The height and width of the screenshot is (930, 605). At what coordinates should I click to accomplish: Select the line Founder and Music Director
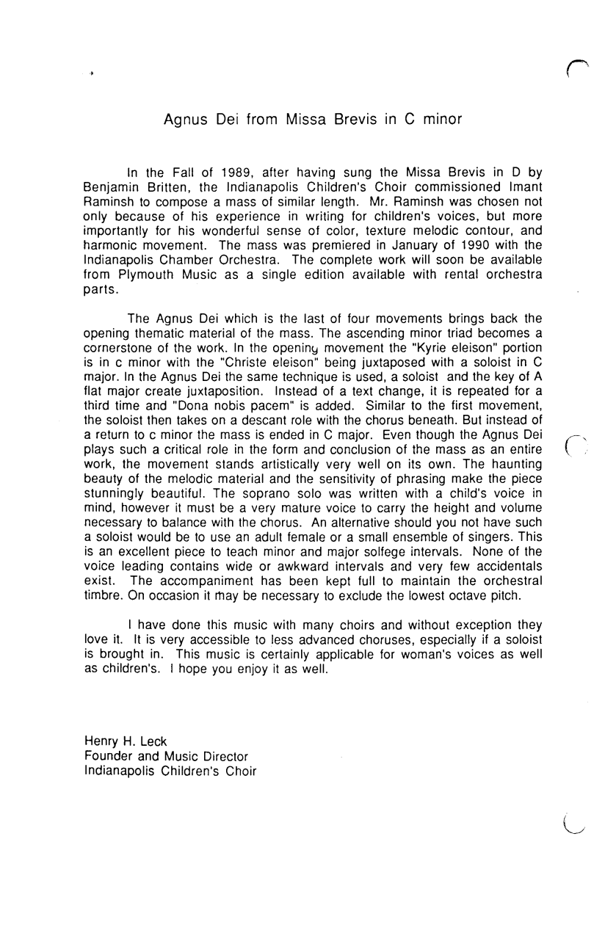pyautogui.click(x=165, y=756)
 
